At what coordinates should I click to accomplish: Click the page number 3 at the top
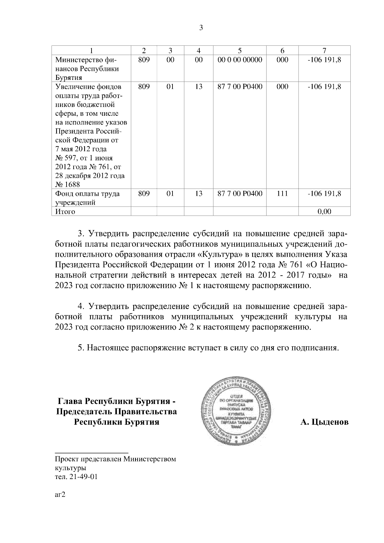coord(201,28)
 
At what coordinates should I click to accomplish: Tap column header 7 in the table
coord(324,51)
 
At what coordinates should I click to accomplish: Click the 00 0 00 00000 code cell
coord(239,60)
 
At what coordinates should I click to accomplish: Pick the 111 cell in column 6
coord(282,193)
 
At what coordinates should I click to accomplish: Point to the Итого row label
coord(65,212)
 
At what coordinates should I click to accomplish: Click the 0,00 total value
coord(324,212)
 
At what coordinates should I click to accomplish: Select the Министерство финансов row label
coord(87,68)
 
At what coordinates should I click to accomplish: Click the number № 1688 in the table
coord(68,185)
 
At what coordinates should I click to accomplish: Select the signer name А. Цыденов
coord(324,422)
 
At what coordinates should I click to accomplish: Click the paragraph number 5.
coord(81,348)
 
